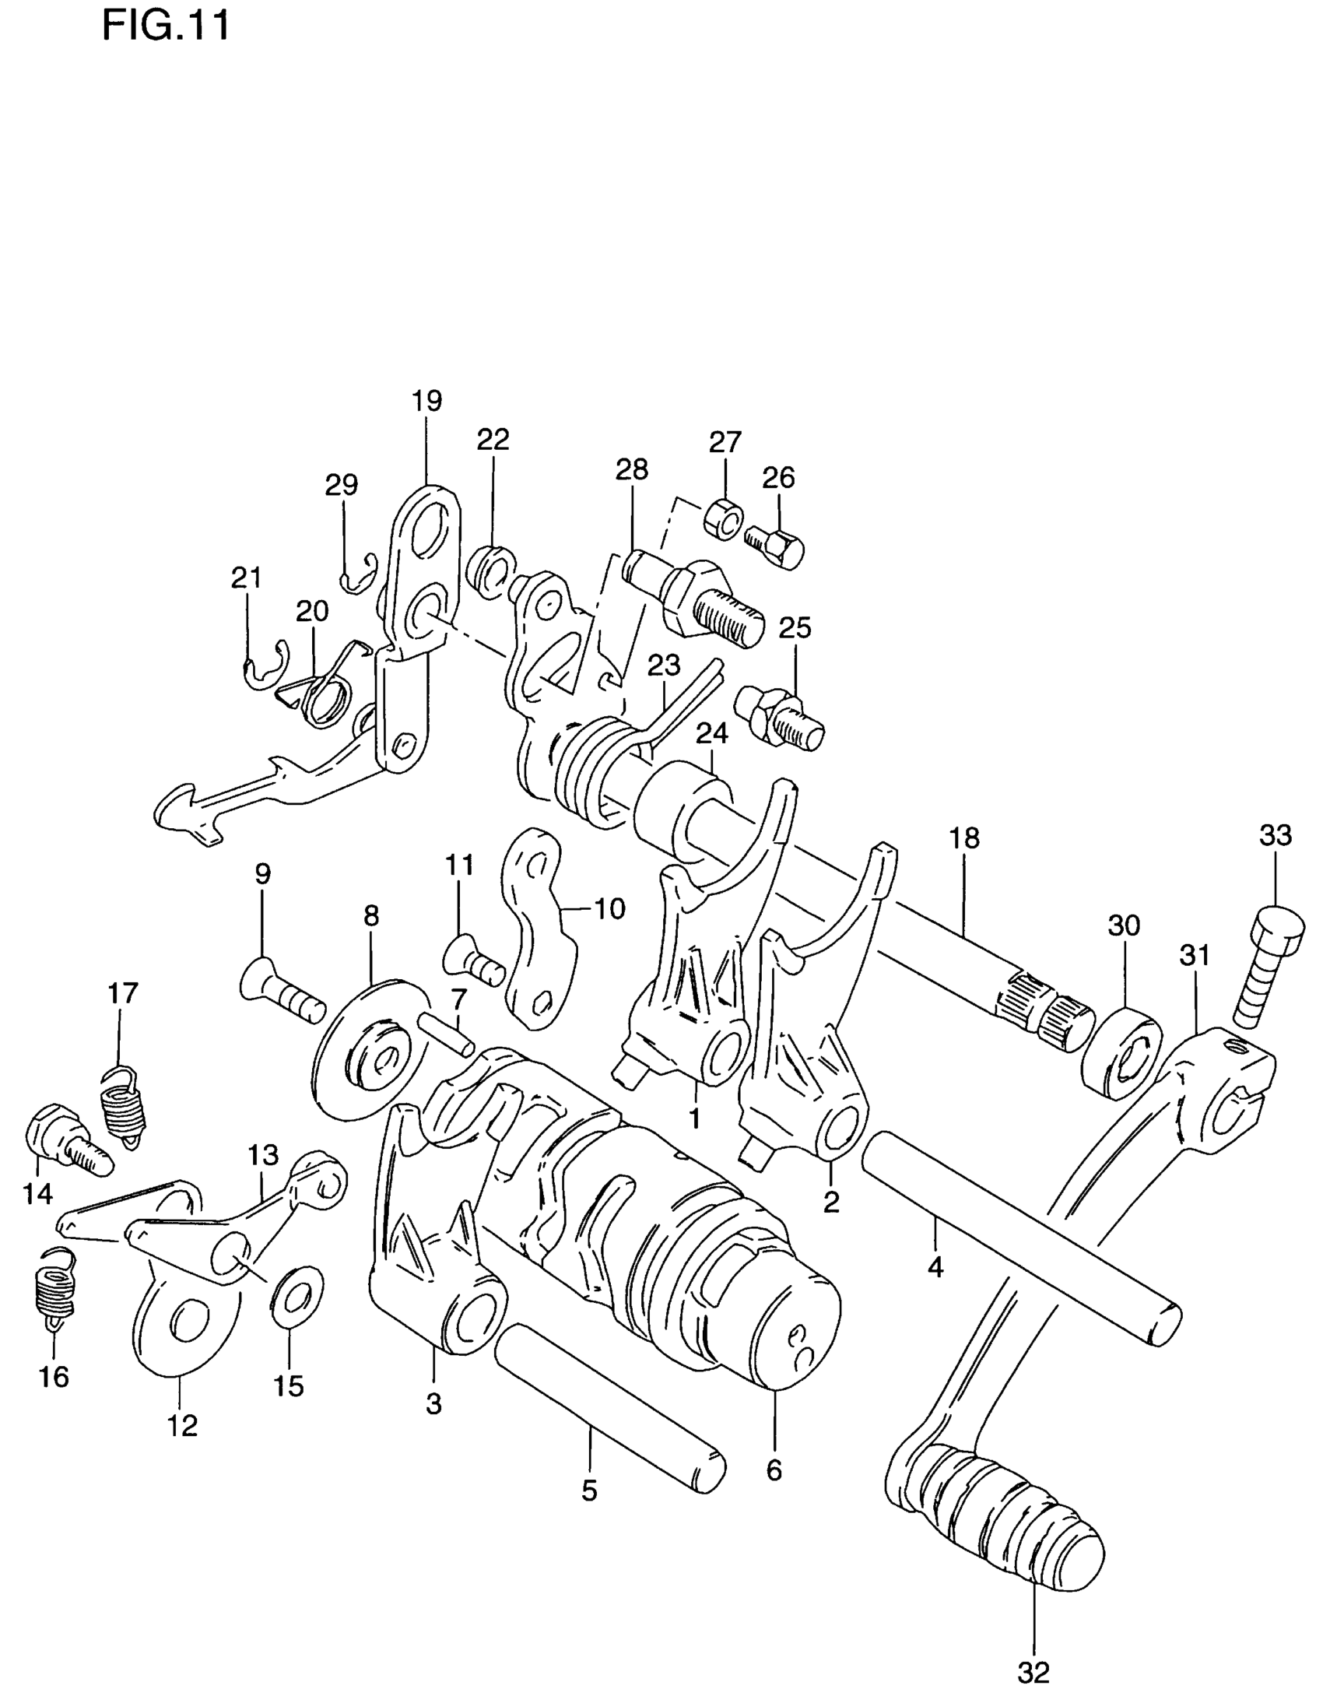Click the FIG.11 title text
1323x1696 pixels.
166,26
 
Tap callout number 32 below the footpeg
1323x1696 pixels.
1033,1671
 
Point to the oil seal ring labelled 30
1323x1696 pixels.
1121,1052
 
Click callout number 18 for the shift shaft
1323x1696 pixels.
963,839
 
